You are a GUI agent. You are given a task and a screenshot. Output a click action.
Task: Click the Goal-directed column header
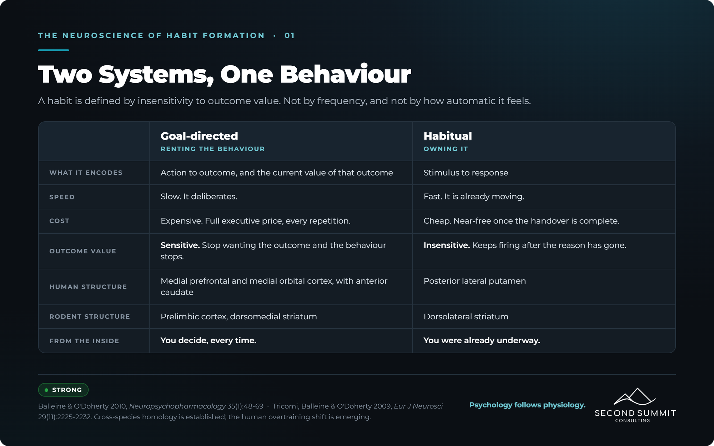199,136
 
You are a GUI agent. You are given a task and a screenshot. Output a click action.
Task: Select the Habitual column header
448,136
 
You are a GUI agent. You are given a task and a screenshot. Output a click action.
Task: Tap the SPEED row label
62,197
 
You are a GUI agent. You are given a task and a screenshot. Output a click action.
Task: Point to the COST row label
59,221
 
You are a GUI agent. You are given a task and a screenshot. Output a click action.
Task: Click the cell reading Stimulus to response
466,173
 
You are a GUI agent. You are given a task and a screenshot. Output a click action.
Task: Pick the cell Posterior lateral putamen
475,281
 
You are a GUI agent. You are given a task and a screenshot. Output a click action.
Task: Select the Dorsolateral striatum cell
466,316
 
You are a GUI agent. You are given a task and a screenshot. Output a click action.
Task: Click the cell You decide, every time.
208,340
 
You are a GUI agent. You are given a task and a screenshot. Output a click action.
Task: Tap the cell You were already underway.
482,340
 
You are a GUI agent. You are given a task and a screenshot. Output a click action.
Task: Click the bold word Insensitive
447,245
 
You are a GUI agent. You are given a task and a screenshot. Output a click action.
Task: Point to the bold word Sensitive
180,245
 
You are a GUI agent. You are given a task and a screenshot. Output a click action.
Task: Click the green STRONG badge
63,390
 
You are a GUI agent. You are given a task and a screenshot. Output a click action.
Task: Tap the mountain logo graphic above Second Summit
635,397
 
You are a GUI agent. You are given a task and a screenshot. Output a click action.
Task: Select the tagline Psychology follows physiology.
527,405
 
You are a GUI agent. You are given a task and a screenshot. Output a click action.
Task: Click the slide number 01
290,36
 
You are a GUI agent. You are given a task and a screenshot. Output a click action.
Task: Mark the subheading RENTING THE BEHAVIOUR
213,149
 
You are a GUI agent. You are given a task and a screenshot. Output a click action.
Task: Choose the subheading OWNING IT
446,149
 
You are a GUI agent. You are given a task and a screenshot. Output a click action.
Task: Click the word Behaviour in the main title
345,74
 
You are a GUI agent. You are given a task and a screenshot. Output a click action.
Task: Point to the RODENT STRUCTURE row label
90,316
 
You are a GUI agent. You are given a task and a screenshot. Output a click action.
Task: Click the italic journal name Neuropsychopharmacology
177,406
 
